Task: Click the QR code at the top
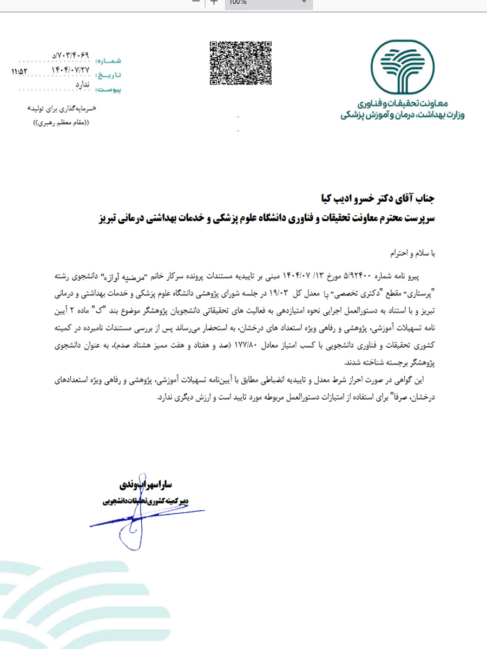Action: pyautogui.click(x=240, y=63)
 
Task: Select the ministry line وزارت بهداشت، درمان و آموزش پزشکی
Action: pyautogui.click(x=402, y=116)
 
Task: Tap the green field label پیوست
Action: pyautogui.click(x=110, y=88)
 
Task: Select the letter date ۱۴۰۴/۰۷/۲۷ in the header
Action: pyautogui.click(x=70, y=70)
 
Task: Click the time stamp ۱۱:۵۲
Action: pyautogui.click(x=19, y=71)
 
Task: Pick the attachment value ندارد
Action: pyautogui.click(x=82, y=84)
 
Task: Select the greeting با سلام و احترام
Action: pyautogui.click(x=412, y=253)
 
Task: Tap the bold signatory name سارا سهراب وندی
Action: pyautogui.click(x=142, y=483)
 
